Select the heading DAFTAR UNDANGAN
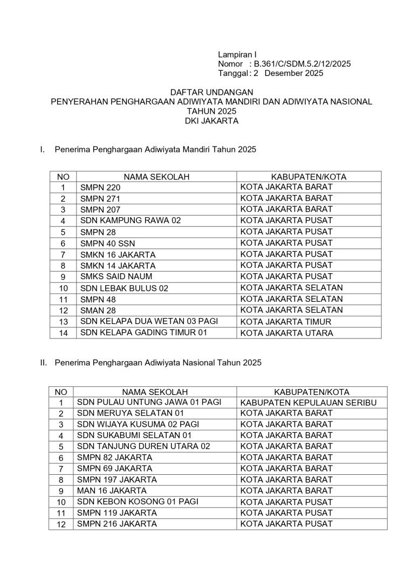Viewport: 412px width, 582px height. tap(211, 92)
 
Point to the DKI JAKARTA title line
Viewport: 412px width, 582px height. tap(211, 121)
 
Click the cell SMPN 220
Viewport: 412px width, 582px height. tap(101, 188)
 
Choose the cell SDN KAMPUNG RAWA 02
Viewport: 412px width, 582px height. tap(131, 220)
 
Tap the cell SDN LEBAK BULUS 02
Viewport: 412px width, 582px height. tap(124, 288)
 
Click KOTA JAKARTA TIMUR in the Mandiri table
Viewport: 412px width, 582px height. tap(286, 322)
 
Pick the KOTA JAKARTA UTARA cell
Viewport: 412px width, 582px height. tap(287, 333)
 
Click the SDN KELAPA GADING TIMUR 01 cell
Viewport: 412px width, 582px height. tap(143, 332)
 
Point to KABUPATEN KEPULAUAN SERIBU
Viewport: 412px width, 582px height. tap(308, 403)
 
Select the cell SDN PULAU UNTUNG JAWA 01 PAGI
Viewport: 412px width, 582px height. tap(149, 402)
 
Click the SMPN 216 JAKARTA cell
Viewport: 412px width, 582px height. tap(117, 524)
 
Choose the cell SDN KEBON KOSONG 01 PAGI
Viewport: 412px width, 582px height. tap(138, 501)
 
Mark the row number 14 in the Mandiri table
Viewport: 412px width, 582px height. tap(63, 333)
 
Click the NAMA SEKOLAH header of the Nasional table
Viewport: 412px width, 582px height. tap(155, 392)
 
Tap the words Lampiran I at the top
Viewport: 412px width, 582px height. tap(237, 54)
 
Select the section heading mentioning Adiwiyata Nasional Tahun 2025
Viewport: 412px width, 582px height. tap(158, 363)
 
